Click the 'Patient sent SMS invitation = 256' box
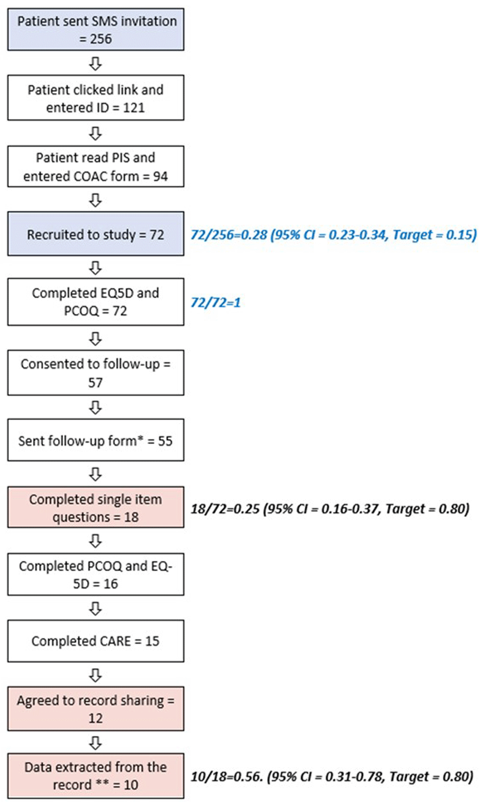click(x=96, y=30)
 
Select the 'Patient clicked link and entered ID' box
click(x=96, y=98)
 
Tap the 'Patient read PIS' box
click(x=96, y=166)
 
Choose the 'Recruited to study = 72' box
click(x=96, y=234)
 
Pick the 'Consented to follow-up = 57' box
click(x=96, y=373)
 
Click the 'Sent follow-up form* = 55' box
click(x=96, y=440)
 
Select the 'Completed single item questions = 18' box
click(x=96, y=508)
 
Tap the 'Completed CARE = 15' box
click(x=96, y=641)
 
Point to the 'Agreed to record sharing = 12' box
click(x=96, y=709)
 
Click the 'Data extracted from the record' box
click(x=96, y=776)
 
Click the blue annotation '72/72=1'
click(x=215, y=303)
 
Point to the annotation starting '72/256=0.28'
click(x=334, y=235)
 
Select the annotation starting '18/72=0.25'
click(x=330, y=509)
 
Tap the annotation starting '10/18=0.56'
click(x=332, y=777)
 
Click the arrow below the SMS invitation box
click(x=95, y=64)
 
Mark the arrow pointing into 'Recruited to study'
click(x=95, y=200)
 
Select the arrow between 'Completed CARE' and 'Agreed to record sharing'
click(x=95, y=675)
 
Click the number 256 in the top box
click(x=101, y=39)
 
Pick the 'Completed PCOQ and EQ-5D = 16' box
click(x=96, y=574)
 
